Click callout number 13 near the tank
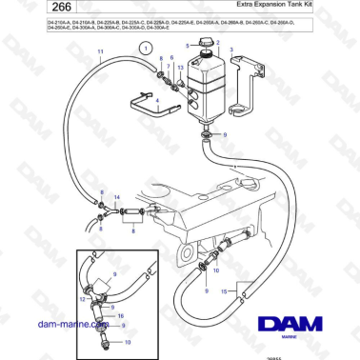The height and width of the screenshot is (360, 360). pos(181,69)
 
